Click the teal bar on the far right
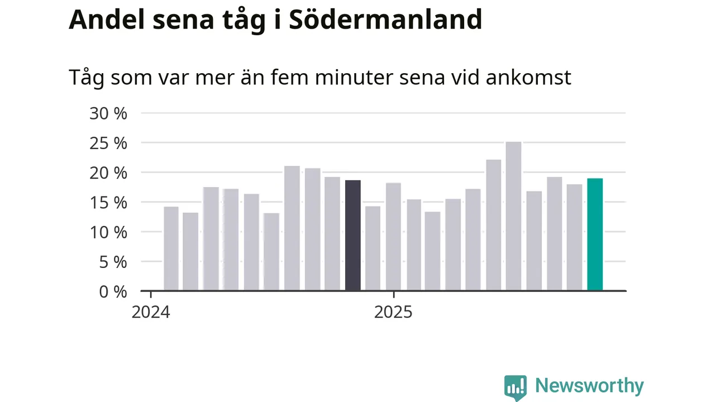click(595, 234)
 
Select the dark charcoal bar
click(353, 236)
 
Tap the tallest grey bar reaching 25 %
click(513, 217)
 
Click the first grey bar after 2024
click(171, 249)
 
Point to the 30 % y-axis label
click(108, 113)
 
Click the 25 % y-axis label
click(108, 143)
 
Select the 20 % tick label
click(108, 173)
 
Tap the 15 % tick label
click(108, 202)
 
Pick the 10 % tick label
click(108, 232)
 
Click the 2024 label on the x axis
click(150, 312)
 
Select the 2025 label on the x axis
click(393, 312)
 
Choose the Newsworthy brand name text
click(589, 386)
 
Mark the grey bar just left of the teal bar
click(574, 237)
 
